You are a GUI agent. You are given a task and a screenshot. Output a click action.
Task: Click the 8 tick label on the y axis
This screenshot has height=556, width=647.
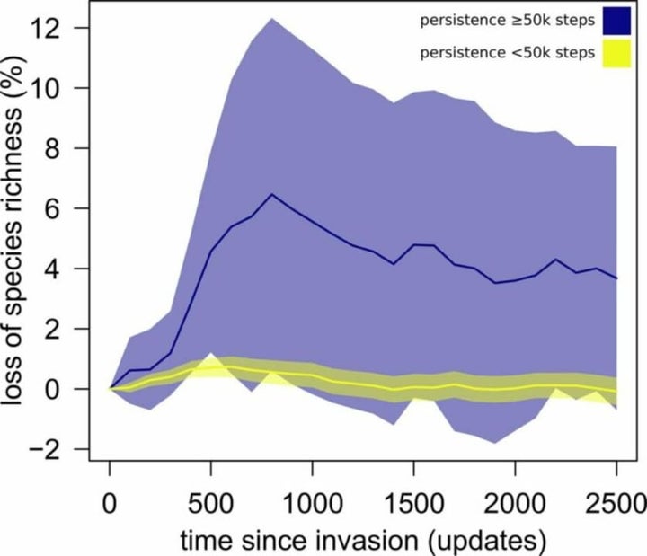(x=66, y=149)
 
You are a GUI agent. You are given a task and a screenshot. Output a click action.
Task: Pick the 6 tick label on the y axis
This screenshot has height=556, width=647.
(x=66, y=209)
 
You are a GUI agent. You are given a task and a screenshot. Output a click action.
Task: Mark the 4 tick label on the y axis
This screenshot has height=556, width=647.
(x=66, y=269)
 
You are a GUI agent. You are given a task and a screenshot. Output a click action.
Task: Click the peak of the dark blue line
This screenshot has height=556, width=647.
(x=271, y=194)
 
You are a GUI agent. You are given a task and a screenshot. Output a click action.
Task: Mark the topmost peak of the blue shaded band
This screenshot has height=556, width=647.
(x=271, y=18)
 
